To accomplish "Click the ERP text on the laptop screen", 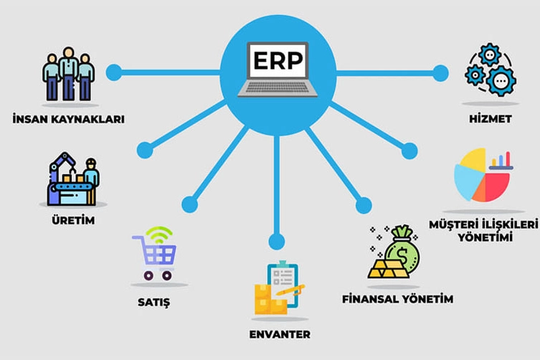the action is click(278, 61).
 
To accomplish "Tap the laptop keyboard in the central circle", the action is click(278, 87).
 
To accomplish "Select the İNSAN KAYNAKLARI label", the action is click(68, 119).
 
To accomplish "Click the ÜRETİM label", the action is click(73, 219).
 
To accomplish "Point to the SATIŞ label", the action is click(154, 302).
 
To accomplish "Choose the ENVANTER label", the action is click(280, 334).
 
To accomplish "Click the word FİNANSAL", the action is click(368, 298).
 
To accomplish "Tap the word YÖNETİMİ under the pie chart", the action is click(485, 237).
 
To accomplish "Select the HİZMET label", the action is click(491, 118).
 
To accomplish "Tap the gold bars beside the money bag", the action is click(388, 269).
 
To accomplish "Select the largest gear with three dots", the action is click(501, 81).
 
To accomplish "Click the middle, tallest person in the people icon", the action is click(69, 73).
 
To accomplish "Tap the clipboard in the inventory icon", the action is click(283, 283).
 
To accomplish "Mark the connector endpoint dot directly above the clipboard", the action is click(277, 241).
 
